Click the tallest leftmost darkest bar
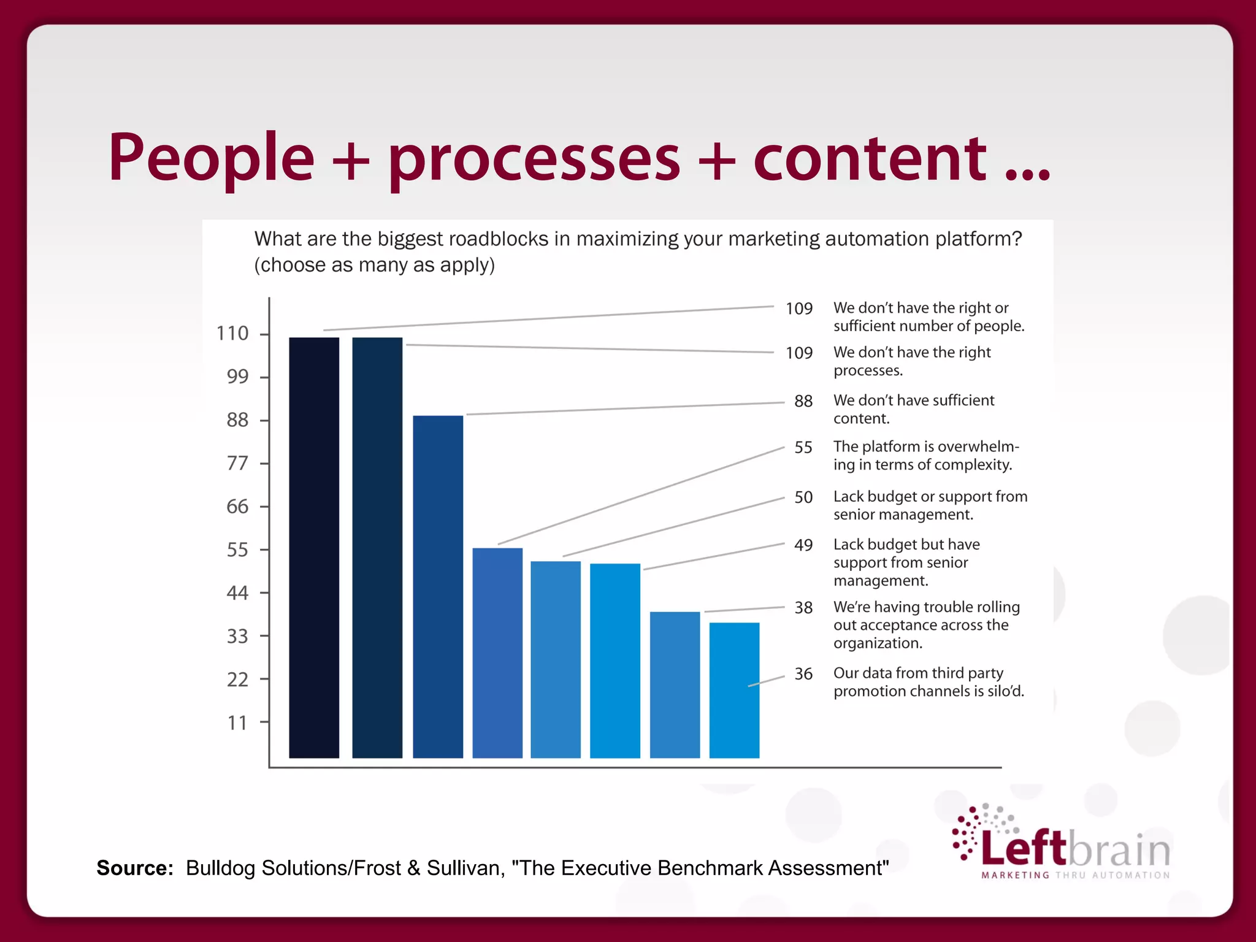coord(314,547)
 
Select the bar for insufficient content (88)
coord(438,586)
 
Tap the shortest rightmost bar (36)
coord(734,690)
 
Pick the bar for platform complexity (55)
coord(497,653)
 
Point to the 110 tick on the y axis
coord(232,334)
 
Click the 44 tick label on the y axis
coord(237,593)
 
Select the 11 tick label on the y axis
coord(237,723)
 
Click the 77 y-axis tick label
coord(237,463)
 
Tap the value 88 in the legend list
coord(803,401)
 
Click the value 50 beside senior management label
coord(803,497)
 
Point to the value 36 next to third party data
coord(803,674)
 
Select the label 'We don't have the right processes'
coord(911,361)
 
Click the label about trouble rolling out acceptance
coord(926,625)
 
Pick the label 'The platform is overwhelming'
coord(925,456)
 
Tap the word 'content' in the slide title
coord(870,158)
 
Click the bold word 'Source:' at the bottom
coord(135,868)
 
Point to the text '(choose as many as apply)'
coord(374,266)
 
